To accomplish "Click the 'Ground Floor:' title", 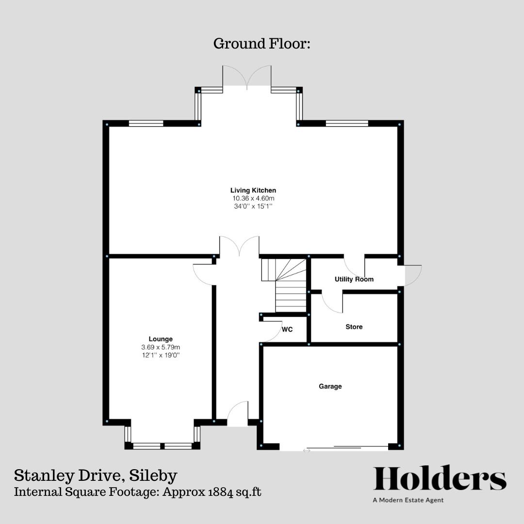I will tap(262, 44).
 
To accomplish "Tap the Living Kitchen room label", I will tap(253, 190).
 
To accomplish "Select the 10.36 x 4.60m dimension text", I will tap(253, 198).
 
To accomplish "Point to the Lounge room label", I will tap(160, 339).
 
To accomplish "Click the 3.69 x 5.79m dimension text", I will tap(160, 347).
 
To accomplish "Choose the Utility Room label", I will tap(354, 279).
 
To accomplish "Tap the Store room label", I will tap(354, 327).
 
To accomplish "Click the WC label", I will tap(287, 329).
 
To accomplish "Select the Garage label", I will tap(330, 387).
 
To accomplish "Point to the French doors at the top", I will tap(247, 78).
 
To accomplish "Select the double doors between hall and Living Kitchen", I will tap(239, 246).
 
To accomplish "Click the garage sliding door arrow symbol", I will tap(307, 451).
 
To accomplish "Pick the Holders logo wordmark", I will tap(440, 478).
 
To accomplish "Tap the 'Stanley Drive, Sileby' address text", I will tap(96, 475).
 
